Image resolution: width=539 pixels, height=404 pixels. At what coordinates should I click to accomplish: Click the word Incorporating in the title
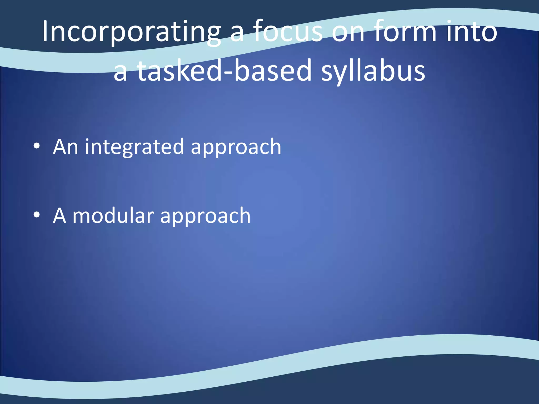tap(131, 32)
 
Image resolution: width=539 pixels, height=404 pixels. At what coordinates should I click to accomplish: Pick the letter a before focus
tap(238, 34)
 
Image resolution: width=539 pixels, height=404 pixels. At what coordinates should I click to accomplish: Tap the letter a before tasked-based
tap(120, 73)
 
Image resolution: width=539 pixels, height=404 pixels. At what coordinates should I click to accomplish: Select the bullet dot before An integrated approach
tap(37, 146)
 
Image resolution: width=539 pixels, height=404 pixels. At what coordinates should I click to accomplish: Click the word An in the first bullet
tap(66, 147)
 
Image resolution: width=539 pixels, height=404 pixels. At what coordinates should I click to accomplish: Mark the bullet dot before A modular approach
tap(37, 215)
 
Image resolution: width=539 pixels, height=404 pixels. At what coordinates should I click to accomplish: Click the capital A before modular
tap(59, 216)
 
